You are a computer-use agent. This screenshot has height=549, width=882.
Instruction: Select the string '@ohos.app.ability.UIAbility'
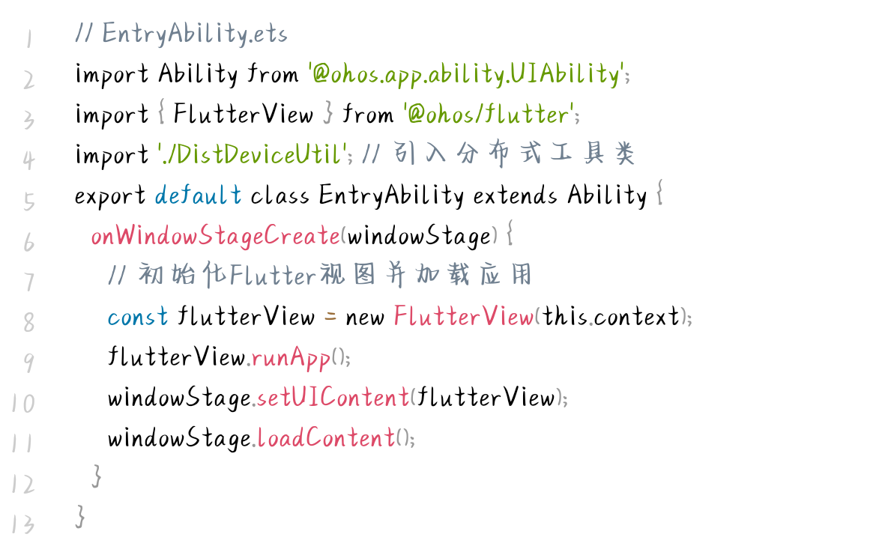(465, 74)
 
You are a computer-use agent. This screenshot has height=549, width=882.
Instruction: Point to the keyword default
(198, 195)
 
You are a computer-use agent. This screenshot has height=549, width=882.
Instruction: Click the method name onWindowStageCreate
(215, 236)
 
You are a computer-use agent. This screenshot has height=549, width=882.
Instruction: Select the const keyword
(138, 317)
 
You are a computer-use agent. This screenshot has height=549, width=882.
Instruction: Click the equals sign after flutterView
(330, 317)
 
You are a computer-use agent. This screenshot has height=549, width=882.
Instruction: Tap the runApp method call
(291, 358)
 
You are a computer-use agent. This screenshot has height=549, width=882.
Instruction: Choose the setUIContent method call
(333, 398)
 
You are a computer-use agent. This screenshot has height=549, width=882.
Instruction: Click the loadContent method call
(325, 438)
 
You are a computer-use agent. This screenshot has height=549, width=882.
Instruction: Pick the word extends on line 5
(515, 195)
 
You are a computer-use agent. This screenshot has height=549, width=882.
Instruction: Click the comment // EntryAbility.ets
(181, 34)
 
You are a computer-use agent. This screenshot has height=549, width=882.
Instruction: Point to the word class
(280, 195)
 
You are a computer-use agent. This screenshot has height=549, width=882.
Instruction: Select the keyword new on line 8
(365, 317)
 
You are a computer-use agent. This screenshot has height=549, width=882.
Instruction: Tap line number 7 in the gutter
(28, 282)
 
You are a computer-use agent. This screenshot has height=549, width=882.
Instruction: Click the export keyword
(110, 196)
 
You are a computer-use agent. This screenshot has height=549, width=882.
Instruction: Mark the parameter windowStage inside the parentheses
(418, 237)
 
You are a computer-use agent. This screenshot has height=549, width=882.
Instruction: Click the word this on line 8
(566, 317)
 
